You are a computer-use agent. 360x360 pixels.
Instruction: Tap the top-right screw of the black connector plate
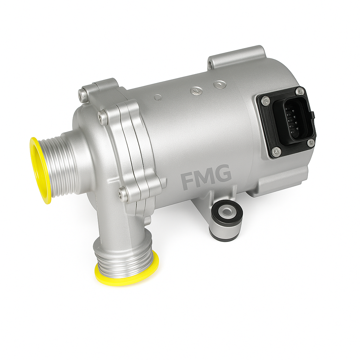point(300,91)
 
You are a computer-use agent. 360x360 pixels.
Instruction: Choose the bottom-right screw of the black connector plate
point(310,143)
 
